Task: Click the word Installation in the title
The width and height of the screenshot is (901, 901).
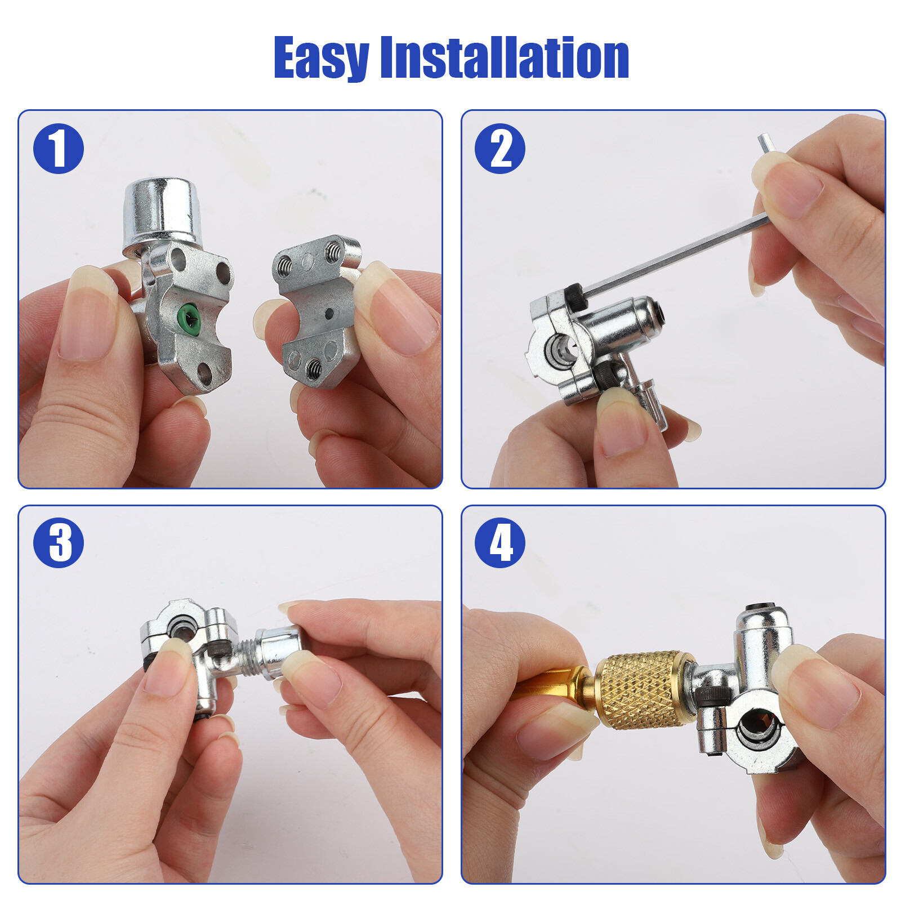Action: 505,58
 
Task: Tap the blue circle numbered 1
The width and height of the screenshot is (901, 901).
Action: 59,149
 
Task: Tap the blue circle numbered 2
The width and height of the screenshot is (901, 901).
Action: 500,149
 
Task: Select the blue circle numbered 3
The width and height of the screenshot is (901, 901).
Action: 59,543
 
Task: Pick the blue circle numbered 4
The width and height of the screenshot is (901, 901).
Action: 500,543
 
